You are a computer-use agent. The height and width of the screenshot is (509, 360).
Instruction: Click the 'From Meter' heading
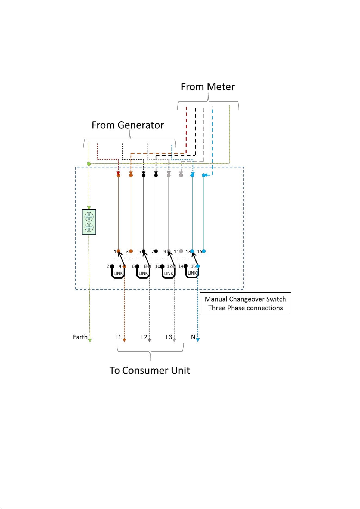click(x=208, y=87)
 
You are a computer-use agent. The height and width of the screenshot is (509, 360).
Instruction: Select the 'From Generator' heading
click(x=128, y=125)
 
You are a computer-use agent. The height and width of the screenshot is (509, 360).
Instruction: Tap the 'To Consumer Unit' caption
click(x=150, y=370)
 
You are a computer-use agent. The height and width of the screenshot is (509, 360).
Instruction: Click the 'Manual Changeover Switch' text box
click(x=246, y=304)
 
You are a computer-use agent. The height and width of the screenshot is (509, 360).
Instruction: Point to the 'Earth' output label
click(x=80, y=337)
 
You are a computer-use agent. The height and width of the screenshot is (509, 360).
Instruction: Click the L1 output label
click(x=118, y=337)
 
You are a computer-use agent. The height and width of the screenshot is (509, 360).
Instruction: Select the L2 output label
click(x=144, y=337)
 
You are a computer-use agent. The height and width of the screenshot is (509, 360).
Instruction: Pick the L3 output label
click(x=169, y=337)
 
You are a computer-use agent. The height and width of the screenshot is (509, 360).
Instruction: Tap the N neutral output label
click(x=193, y=337)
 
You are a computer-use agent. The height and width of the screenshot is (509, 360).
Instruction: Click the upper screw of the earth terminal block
click(x=89, y=217)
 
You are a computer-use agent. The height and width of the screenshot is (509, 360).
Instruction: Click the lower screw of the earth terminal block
click(x=89, y=227)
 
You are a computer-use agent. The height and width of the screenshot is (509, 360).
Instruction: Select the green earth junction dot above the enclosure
click(x=89, y=164)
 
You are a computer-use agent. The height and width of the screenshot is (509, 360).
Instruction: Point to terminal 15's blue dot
click(x=204, y=251)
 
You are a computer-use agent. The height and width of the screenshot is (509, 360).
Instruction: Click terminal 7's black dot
click(x=156, y=251)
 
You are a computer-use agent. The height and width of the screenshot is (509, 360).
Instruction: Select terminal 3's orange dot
click(x=131, y=251)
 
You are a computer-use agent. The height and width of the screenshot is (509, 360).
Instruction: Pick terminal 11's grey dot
click(x=181, y=251)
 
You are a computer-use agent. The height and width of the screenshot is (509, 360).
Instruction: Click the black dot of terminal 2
click(x=112, y=266)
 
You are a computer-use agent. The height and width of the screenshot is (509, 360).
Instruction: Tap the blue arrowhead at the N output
click(x=198, y=340)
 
